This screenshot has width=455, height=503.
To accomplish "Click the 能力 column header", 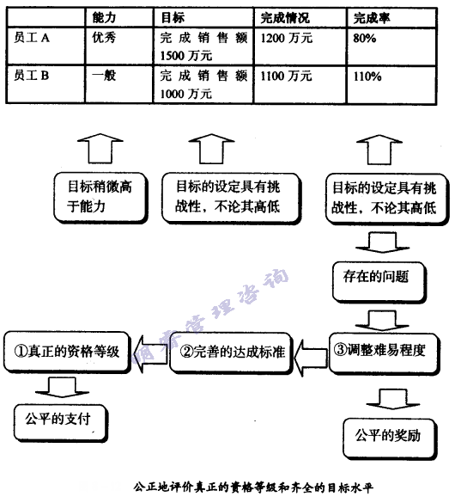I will click(x=104, y=17).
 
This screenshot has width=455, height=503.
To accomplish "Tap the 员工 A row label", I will click(x=33, y=39).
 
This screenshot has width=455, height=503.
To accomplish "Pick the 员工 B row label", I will click(x=33, y=77).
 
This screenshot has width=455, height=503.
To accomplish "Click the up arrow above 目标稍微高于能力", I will click(x=91, y=146).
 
